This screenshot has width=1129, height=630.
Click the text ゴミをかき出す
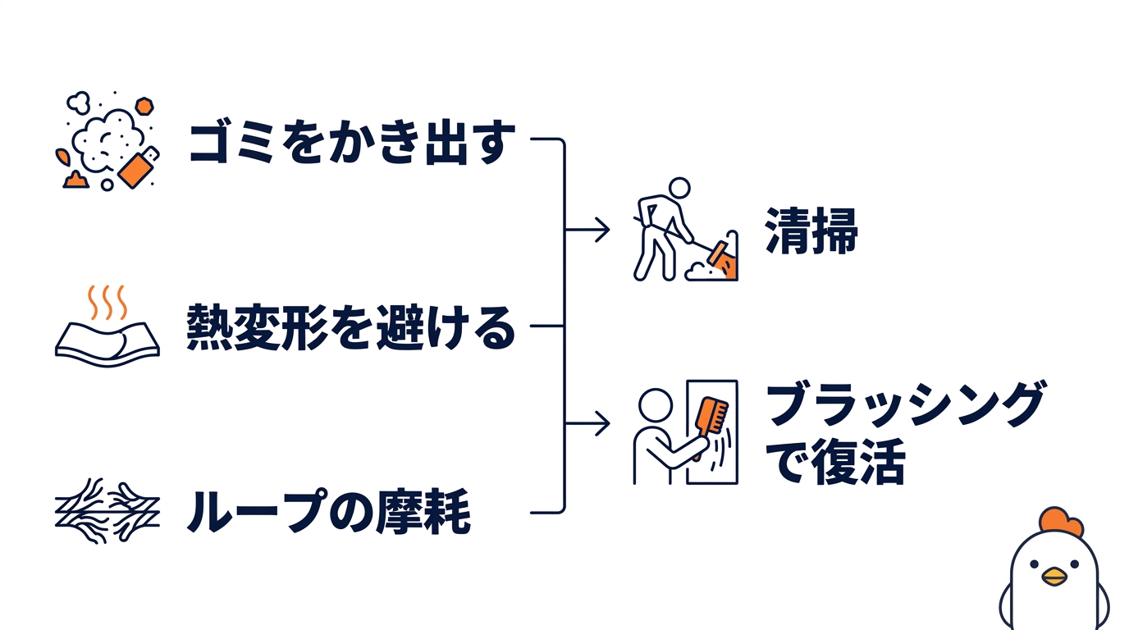[x=351, y=144]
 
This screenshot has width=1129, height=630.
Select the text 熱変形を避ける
[x=351, y=327]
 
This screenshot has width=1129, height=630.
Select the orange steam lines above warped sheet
[x=107, y=302]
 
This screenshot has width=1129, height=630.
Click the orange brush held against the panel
[x=712, y=415]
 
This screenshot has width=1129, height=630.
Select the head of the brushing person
[x=655, y=404]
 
